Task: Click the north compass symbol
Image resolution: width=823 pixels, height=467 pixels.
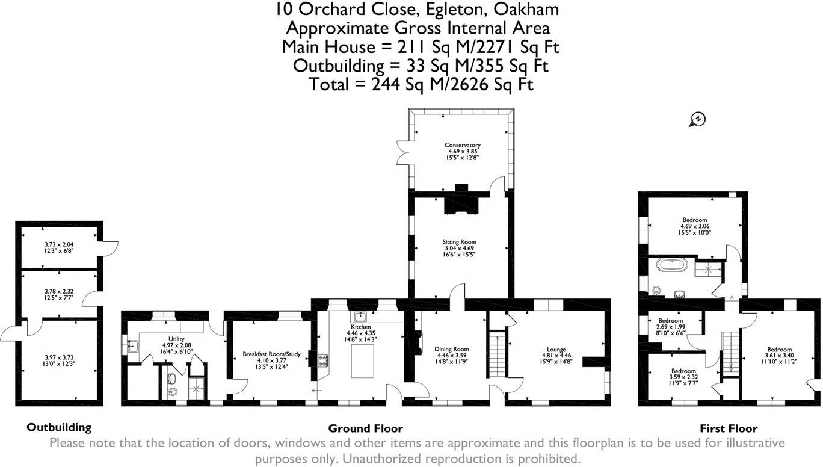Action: click(x=697, y=120)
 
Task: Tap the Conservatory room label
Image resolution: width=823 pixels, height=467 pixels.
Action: click(x=462, y=145)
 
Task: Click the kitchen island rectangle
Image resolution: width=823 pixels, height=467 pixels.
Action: click(x=362, y=361)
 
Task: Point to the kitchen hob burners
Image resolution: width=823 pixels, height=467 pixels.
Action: click(x=323, y=360)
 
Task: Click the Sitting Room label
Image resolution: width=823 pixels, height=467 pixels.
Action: click(x=459, y=242)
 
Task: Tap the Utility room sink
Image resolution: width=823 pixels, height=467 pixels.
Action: click(x=132, y=346)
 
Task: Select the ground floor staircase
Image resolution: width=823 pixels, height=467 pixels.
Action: click(x=497, y=354)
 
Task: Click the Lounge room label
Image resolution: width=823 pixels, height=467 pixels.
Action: click(x=556, y=350)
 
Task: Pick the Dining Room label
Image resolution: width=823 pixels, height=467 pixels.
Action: click(x=452, y=349)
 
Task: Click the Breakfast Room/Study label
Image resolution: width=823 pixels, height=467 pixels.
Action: click(x=271, y=354)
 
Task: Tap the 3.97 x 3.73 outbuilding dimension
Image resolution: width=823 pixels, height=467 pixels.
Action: click(x=59, y=357)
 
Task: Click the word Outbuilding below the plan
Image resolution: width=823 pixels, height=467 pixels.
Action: click(x=59, y=427)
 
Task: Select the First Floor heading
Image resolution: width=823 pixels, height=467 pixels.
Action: click(x=729, y=428)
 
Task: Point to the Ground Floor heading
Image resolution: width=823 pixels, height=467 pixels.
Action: click(x=366, y=428)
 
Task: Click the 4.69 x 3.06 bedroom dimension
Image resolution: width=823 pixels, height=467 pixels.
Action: click(x=695, y=226)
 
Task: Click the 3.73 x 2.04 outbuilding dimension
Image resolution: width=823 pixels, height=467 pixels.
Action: click(x=59, y=244)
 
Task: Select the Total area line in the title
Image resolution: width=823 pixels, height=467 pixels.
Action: click(x=421, y=84)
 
